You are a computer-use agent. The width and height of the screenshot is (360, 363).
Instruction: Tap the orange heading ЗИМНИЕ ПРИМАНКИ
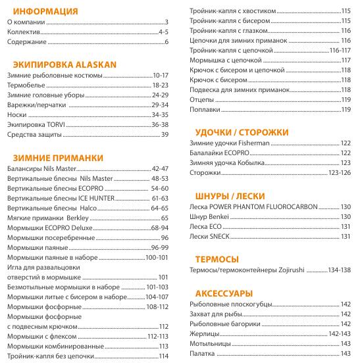click(x=59, y=157)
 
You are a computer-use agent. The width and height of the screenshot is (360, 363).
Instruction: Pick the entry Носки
click(x=16, y=114)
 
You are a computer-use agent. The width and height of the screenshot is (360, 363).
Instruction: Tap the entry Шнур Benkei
click(x=210, y=216)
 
